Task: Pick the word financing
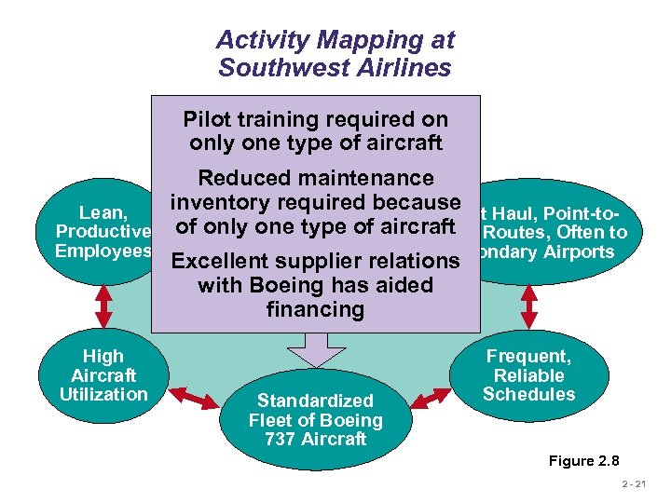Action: [315, 308]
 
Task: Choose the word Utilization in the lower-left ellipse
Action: [103, 394]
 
